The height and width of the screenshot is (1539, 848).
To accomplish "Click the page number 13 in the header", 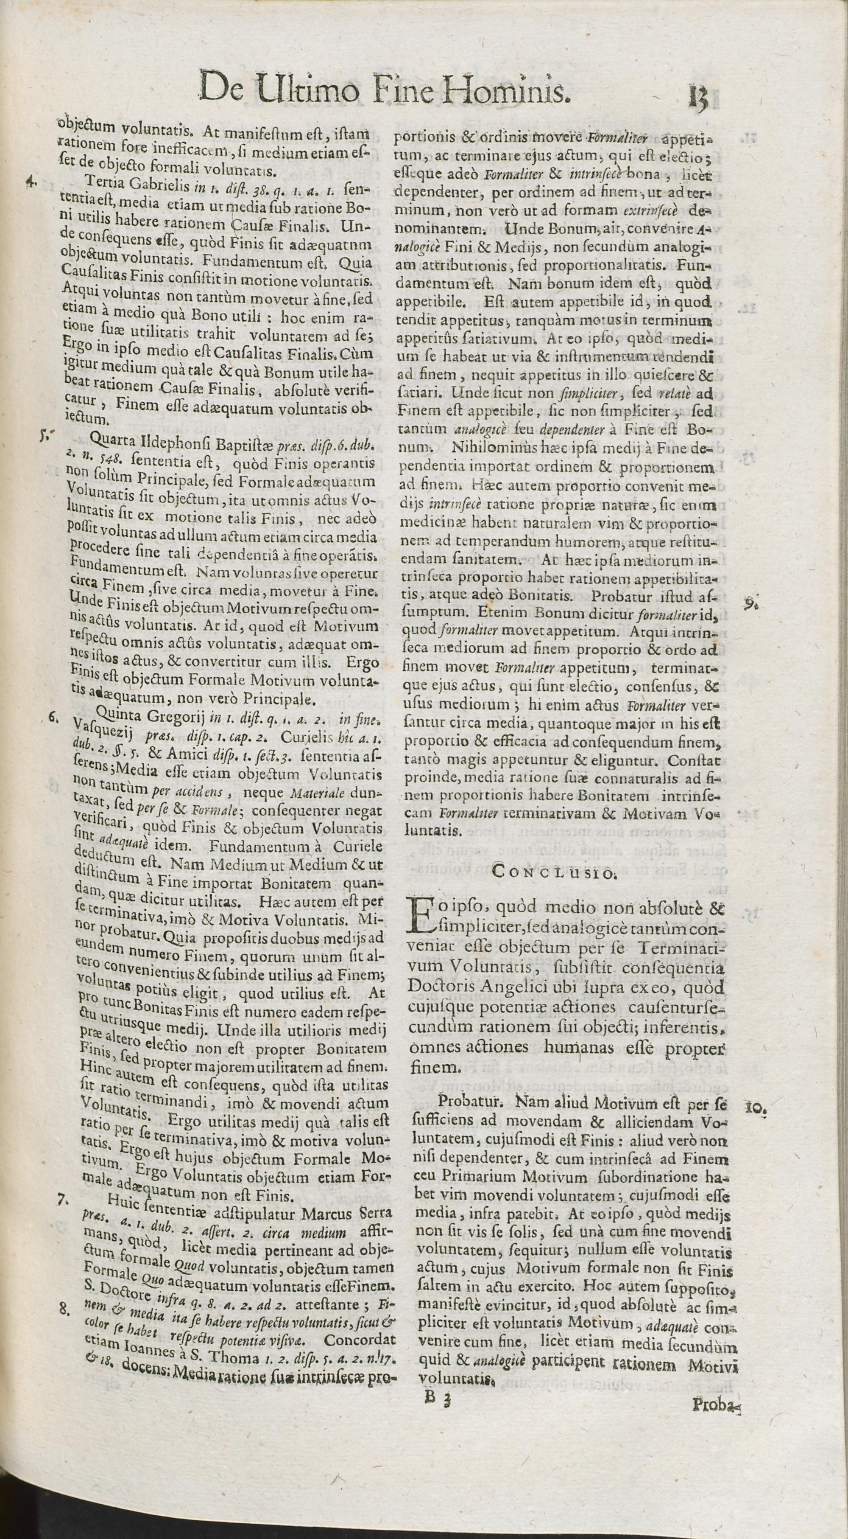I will tap(697, 98).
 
